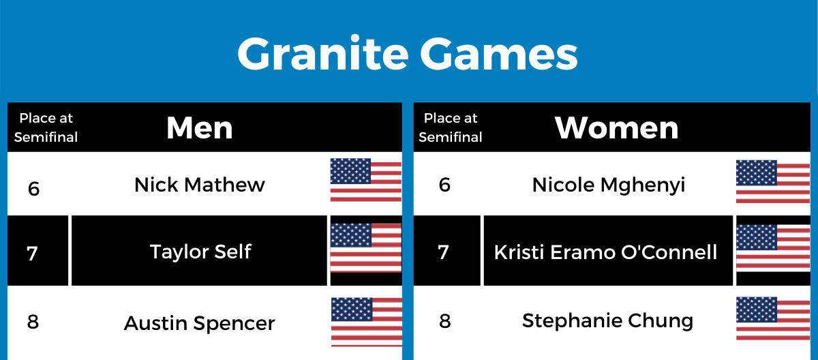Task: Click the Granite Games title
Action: [x=407, y=54]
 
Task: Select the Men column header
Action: [x=199, y=127]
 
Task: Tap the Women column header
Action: [x=616, y=127]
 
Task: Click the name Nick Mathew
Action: [x=199, y=184]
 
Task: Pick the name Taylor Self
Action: [x=200, y=251]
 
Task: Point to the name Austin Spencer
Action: [x=199, y=323]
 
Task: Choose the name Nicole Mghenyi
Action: [x=608, y=185]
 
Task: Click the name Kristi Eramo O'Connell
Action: [x=605, y=252]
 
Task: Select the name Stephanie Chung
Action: [x=607, y=321]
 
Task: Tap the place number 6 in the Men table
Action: [x=33, y=189]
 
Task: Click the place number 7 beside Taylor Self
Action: [x=32, y=254]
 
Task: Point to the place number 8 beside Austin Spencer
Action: [x=33, y=322]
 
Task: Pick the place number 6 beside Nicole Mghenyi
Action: [x=444, y=185]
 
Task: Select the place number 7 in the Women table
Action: [x=443, y=252]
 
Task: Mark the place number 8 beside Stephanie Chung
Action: [x=444, y=321]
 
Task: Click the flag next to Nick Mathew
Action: [x=366, y=179]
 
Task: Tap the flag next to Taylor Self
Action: [x=366, y=247]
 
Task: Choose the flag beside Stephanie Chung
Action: [x=773, y=318]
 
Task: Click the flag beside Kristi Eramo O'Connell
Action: [x=773, y=247]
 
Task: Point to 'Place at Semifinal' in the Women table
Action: [x=451, y=127]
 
